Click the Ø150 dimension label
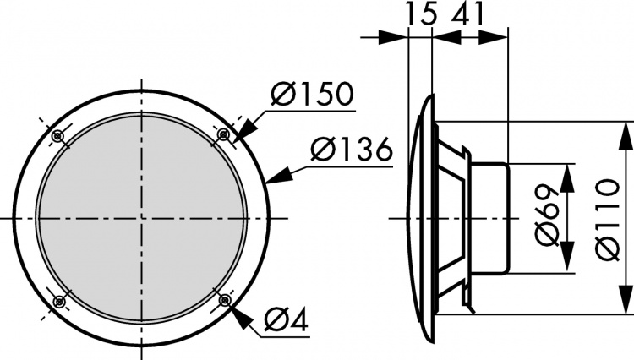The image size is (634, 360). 312,95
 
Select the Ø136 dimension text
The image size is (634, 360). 350,151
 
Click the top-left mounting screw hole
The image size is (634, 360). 58,135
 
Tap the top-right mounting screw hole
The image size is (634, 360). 224,134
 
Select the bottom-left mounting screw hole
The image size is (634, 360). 58,301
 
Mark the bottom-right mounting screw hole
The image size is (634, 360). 224,300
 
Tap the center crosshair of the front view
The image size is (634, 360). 141,218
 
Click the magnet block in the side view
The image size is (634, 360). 490,217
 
